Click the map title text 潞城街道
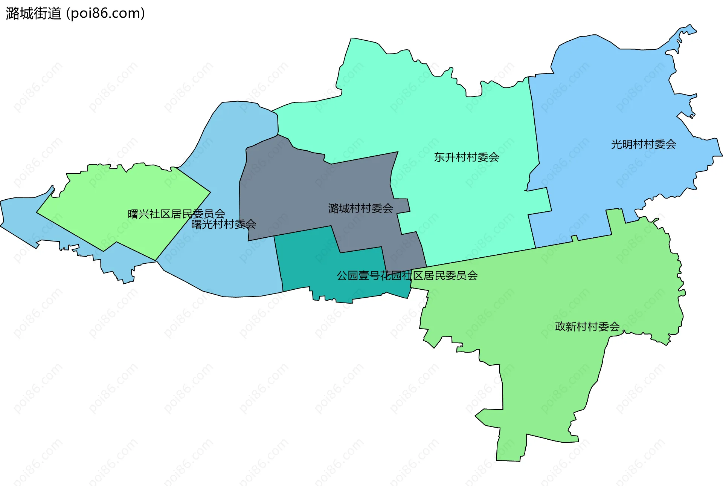point(34,14)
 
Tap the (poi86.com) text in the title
point(105,14)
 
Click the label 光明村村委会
point(643,144)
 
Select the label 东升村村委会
point(466,157)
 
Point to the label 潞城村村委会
point(360,208)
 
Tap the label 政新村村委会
point(587,327)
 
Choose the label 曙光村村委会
point(224,225)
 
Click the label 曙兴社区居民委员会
point(176,214)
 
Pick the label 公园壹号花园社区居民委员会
point(407,276)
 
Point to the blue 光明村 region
point(602,94)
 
